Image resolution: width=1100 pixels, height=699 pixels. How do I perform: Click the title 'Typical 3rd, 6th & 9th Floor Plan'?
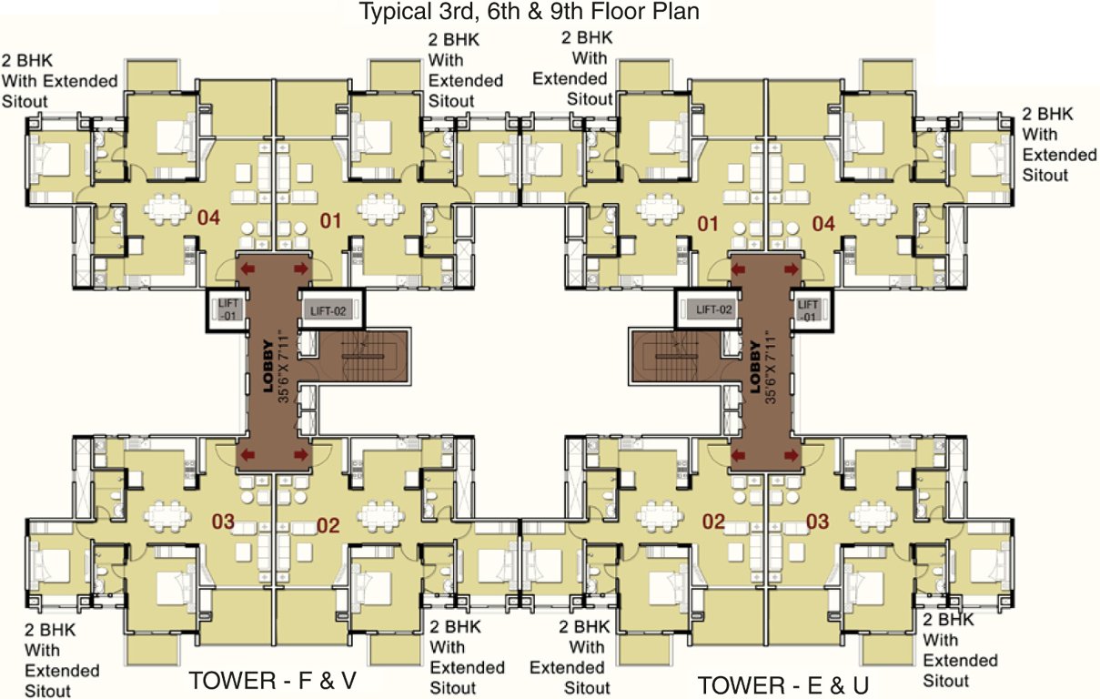coord(530,13)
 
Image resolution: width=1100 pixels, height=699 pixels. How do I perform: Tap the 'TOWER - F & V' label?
coord(272,681)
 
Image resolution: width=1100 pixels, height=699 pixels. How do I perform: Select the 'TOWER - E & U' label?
coord(782,684)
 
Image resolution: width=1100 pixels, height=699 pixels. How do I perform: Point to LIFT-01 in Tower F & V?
coord(226,309)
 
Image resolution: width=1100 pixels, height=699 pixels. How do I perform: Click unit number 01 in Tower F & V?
coord(329,220)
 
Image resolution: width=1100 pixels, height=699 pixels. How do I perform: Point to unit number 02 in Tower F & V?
coord(328,524)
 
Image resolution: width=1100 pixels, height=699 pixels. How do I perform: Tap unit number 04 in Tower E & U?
coord(823,222)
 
